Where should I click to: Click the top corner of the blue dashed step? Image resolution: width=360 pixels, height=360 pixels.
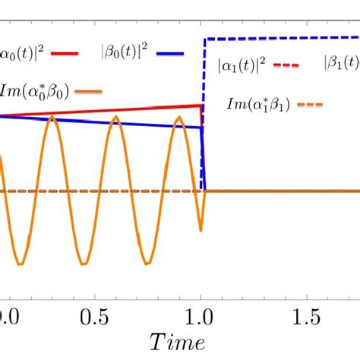point(204,37)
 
